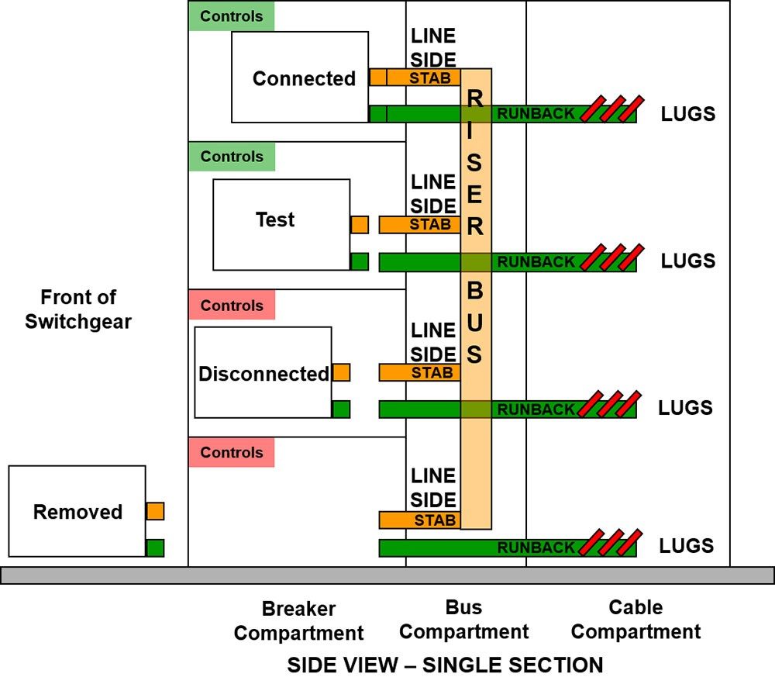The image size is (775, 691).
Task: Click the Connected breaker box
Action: click(x=300, y=78)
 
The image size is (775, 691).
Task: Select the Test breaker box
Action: click(x=281, y=224)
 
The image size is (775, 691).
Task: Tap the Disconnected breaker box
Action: click(x=263, y=373)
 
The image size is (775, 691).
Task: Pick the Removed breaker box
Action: click(x=77, y=511)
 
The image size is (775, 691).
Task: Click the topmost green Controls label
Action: click(x=232, y=16)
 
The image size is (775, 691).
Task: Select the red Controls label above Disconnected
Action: click(x=232, y=306)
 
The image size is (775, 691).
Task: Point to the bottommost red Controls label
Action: click(x=232, y=452)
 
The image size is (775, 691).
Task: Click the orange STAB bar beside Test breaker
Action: click(x=419, y=225)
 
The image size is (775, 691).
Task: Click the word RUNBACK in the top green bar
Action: click(x=536, y=114)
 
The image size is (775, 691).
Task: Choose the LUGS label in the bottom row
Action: click(x=686, y=546)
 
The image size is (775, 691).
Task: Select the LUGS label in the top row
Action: click(x=687, y=114)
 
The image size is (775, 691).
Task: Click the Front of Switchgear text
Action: click(x=78, y=309)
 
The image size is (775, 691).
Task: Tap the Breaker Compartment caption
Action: click(x=298, y=620)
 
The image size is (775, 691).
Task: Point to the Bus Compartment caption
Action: click(x=463, y=620)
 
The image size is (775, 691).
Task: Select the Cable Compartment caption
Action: click(x=635, y=620)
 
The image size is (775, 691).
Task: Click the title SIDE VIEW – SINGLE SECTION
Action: click(x=445, y=665)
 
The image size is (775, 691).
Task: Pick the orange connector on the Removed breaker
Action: click(x=155, y=511)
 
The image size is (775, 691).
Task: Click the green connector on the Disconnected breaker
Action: click(x=341, y=409)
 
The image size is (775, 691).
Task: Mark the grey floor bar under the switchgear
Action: click(x=387, y=575)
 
